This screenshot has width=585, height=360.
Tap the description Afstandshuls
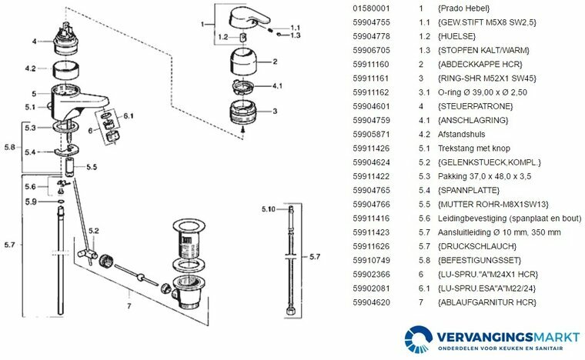tap(459, 133)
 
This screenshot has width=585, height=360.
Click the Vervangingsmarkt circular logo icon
tap(419, 338)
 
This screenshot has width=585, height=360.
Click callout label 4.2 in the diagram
tap(30, 68)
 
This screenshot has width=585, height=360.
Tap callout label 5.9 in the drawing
tap(30, 202)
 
